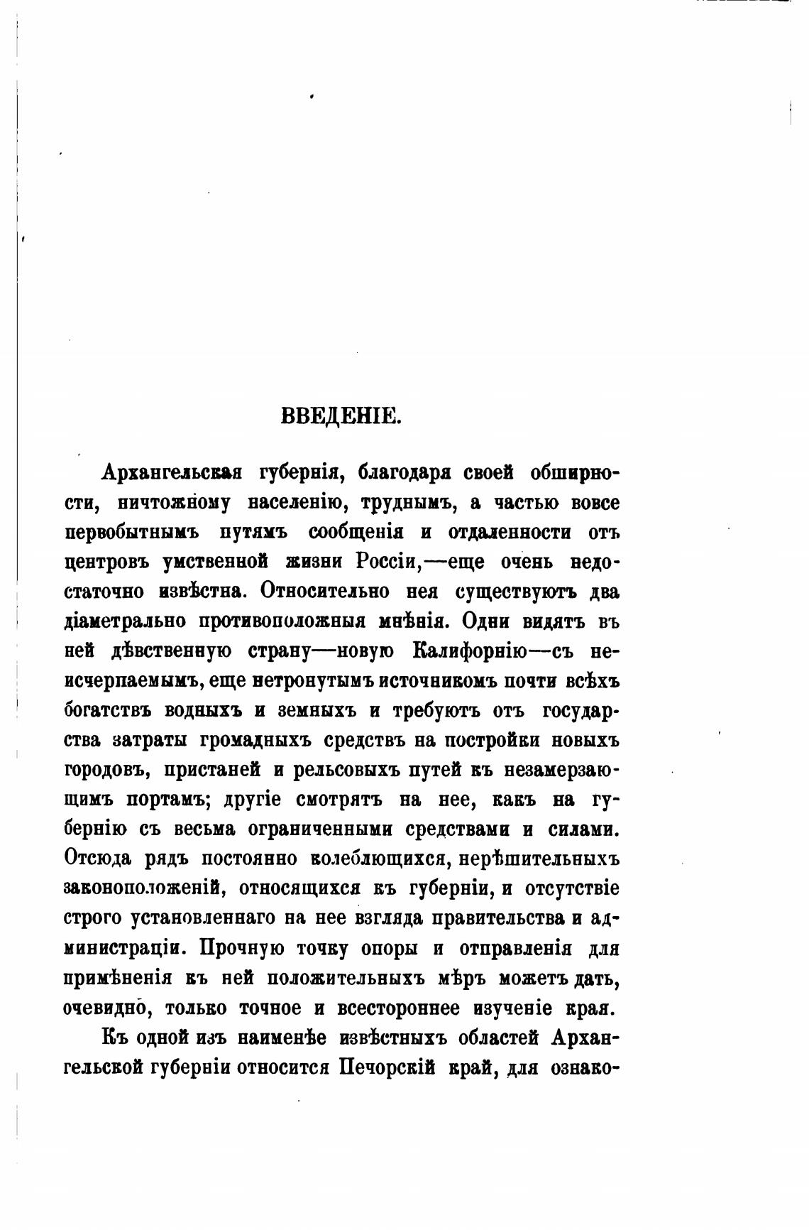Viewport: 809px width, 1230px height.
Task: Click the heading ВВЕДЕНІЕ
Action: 342,416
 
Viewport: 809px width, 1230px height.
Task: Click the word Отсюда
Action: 98,859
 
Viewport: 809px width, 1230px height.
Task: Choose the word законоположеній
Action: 145,889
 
